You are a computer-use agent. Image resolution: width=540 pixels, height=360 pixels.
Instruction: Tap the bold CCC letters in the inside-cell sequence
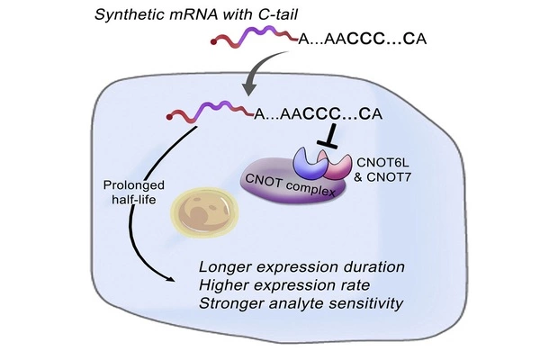(319, 114)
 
